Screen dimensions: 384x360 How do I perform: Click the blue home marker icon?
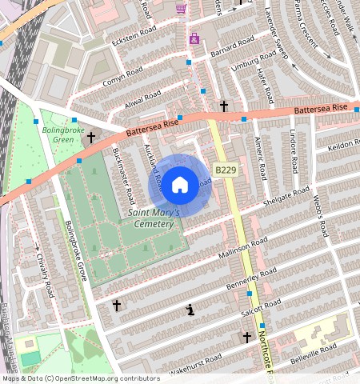click(x=181, y=185)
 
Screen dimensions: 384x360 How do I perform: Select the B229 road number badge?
click(x=224, y=170)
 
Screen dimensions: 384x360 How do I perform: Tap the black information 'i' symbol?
click(x=190, y=310)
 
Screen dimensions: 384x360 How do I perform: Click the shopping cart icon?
click(x=181, y=9)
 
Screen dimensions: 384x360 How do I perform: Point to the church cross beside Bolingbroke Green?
click(x=91, y=138)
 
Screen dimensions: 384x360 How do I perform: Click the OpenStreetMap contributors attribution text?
click(x=80, y=378)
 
